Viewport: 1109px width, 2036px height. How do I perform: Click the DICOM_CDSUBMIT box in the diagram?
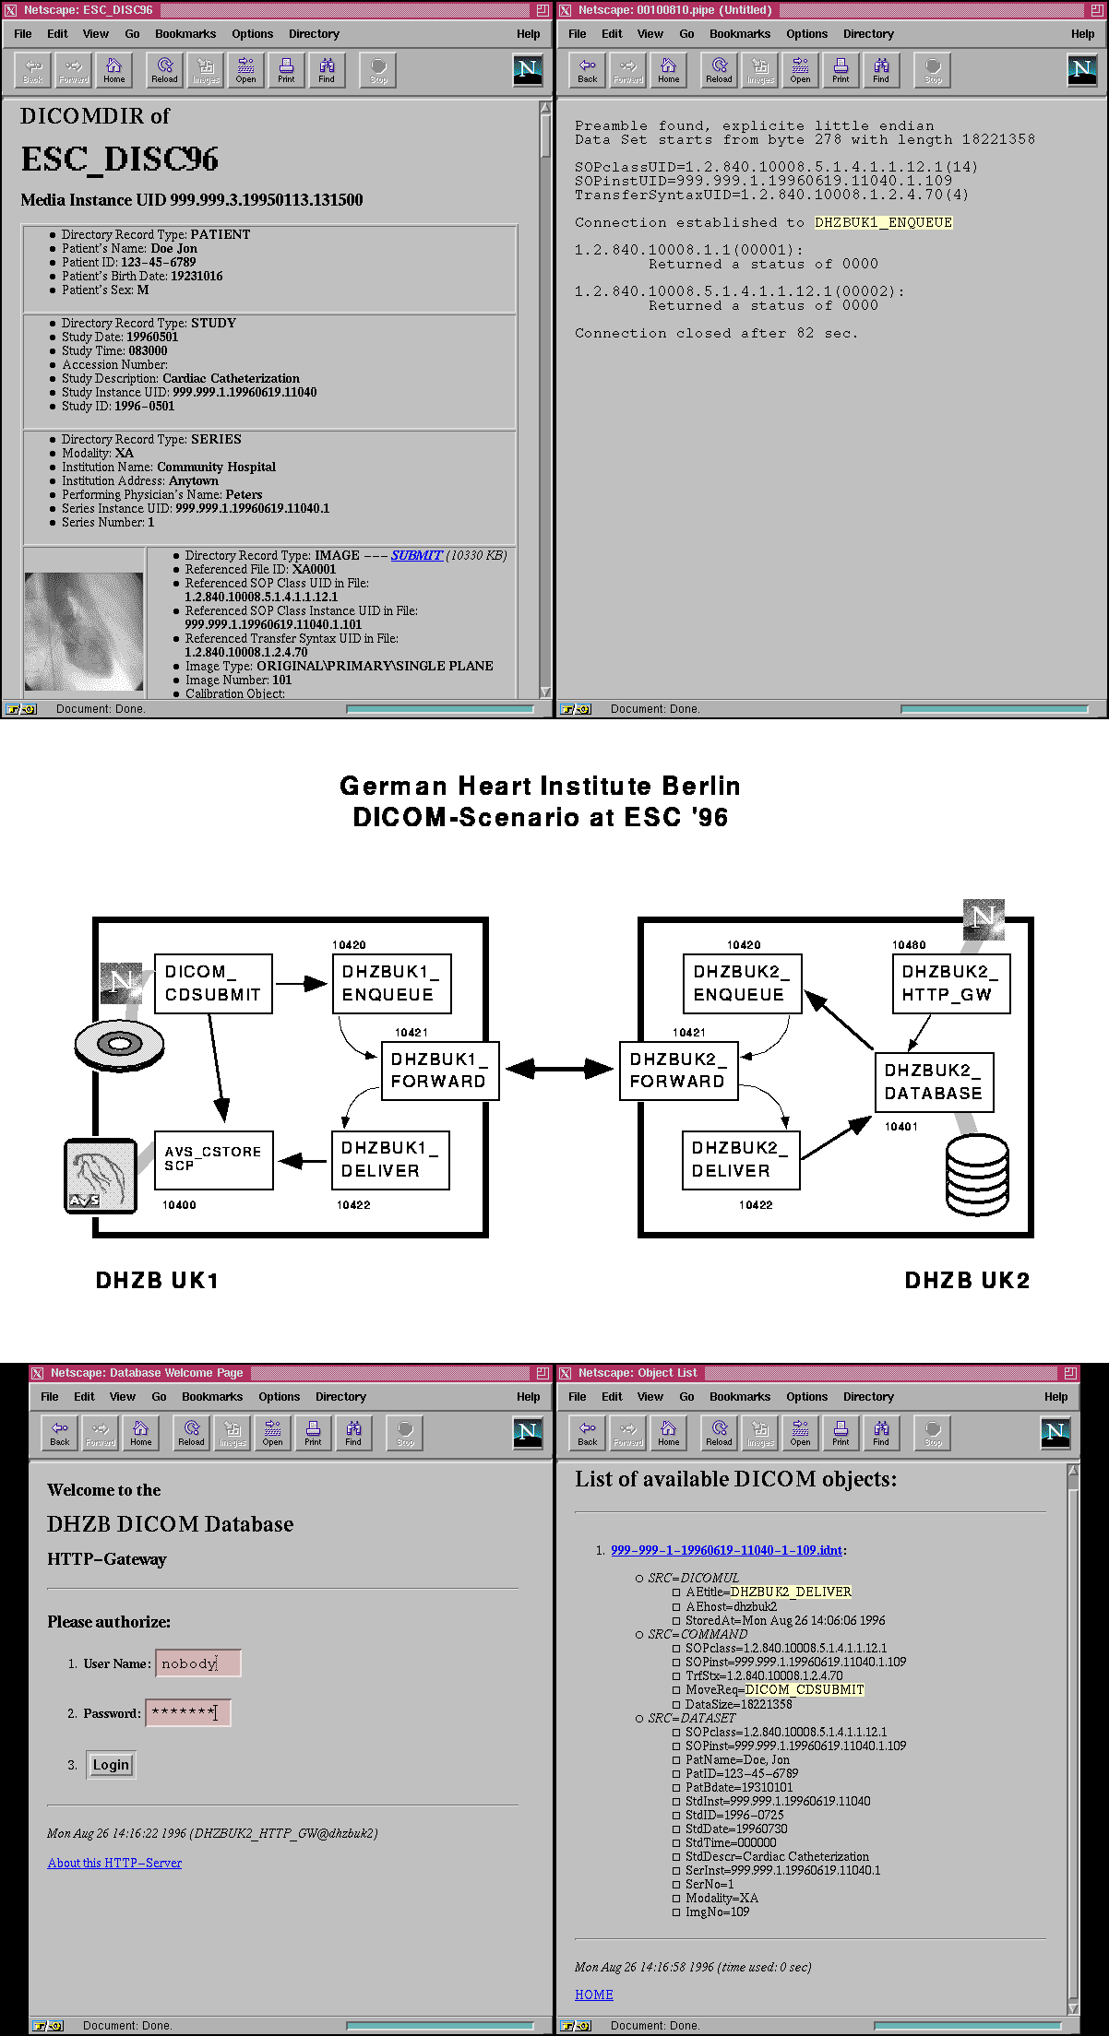point(213,984)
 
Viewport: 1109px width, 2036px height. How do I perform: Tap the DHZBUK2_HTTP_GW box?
point(950,984)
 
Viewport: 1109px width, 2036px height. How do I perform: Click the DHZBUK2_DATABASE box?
point(934,1083)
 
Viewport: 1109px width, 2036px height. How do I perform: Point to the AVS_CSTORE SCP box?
point(213,1160)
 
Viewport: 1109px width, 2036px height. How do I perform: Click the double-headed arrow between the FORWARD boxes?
point(559,1070)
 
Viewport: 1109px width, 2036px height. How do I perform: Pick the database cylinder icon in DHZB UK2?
point(977,1175)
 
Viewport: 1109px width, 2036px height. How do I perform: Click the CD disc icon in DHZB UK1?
point(119,1045)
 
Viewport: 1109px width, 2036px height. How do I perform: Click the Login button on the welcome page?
point(111,1765)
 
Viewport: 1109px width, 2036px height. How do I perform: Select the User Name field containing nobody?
point(198,1663)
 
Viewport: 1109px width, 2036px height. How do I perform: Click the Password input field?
point(188,1712)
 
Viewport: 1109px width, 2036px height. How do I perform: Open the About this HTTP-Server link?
point(114,1863)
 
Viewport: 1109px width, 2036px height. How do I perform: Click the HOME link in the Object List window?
point(593,1995)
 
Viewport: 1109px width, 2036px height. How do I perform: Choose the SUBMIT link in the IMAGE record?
point(416,555)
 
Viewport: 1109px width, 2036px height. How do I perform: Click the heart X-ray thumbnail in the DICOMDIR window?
point(84,631)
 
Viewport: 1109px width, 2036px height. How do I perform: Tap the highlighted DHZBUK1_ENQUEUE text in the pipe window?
point(883,222)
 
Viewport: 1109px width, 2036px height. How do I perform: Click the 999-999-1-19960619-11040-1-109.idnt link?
point(726,1550)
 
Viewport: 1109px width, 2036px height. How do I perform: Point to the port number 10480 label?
point(909,944)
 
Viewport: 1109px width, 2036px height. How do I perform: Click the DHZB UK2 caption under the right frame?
point(967,1280)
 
